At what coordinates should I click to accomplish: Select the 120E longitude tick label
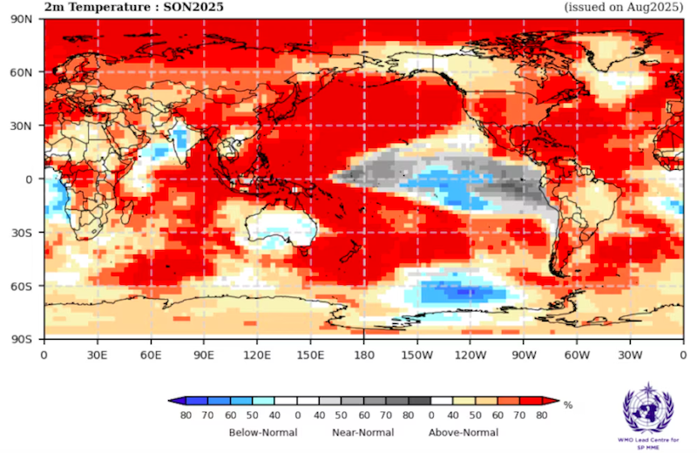click(x=257, y=355)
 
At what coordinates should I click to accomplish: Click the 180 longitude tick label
click(x=364, y=355)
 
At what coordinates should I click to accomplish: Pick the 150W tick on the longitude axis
click(x=417, y=355)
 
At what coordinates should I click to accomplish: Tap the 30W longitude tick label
click(x=630, y=355)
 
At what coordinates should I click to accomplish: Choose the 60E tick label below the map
click(x=151, y=355)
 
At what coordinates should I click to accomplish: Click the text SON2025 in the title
click(x=194, y=7)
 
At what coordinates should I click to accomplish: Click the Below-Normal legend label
click(x=263, y=432)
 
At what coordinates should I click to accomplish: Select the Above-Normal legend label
click(x=463, y=432)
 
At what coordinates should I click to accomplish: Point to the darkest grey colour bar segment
click(x=419, y=401)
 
